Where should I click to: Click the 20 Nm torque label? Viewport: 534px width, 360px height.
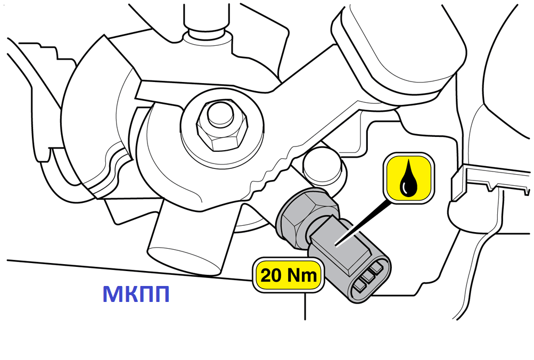pyautogui.click(x=289, y=275)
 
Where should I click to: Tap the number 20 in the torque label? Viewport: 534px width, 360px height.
pyautogui.click(x=271, y=275)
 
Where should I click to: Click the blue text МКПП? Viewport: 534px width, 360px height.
pyautogui.click(x=136, y=294)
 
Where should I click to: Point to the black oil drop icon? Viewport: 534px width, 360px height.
pyautogui.click(x=408, y=178)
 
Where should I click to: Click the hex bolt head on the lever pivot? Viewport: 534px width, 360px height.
pyautogui.click(x=221, y=126)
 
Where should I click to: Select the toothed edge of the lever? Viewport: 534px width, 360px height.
pyautogui.click(x=276, y=167)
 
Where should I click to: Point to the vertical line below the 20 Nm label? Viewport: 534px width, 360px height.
pyautogui.click(x=305, y=306)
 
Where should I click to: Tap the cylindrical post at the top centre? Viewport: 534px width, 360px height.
pyautogui.click(x=206, y=26)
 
